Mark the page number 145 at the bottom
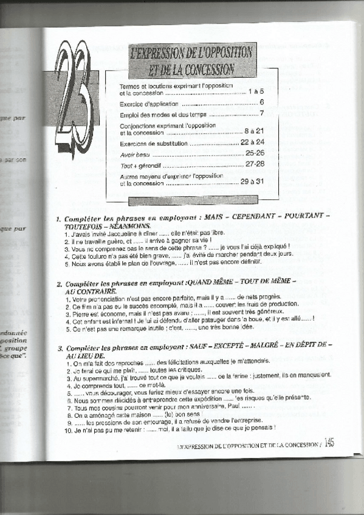330,443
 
